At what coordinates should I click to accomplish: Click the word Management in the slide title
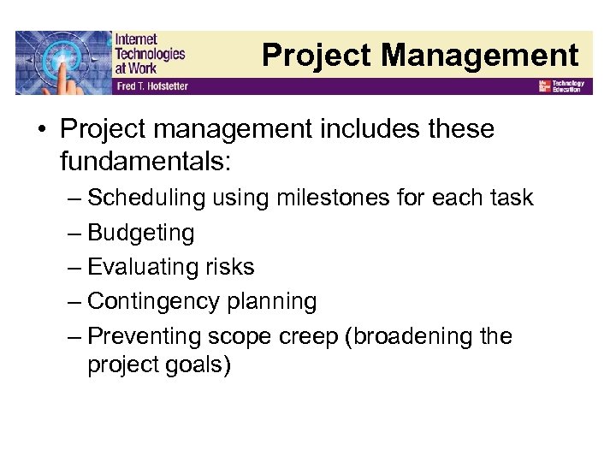pyautogui.click(x=480, y=56)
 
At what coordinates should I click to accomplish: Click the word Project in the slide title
pyautogui.click(x=317, y=56)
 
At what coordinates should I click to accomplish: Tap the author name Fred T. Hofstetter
pyautogui.click(x=151, y=86)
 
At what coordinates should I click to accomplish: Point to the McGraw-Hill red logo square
pyautogui.click(x=544, y=86)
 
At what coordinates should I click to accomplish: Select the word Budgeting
pyautogui.click(x=141, y=233)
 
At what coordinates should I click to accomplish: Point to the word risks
pyautogui.click(x=229, y=267)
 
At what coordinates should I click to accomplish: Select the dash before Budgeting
pyautogui.click(x=74, y=233)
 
